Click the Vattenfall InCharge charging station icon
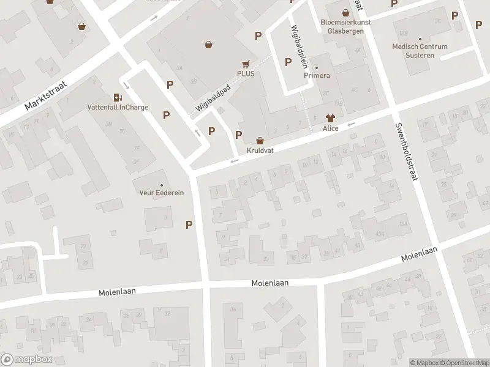(x=117, y=97)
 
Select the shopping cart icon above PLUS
(x=246, y=64)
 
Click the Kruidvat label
(x=260, y=150)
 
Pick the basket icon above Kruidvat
(x=260, y=140)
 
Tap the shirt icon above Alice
(x=331, y=118)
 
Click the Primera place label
(x=317, y=75)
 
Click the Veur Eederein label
(x=162, y=193)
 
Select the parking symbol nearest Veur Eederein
(x=189, y=224)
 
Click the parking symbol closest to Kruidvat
(x=239, y=135)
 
